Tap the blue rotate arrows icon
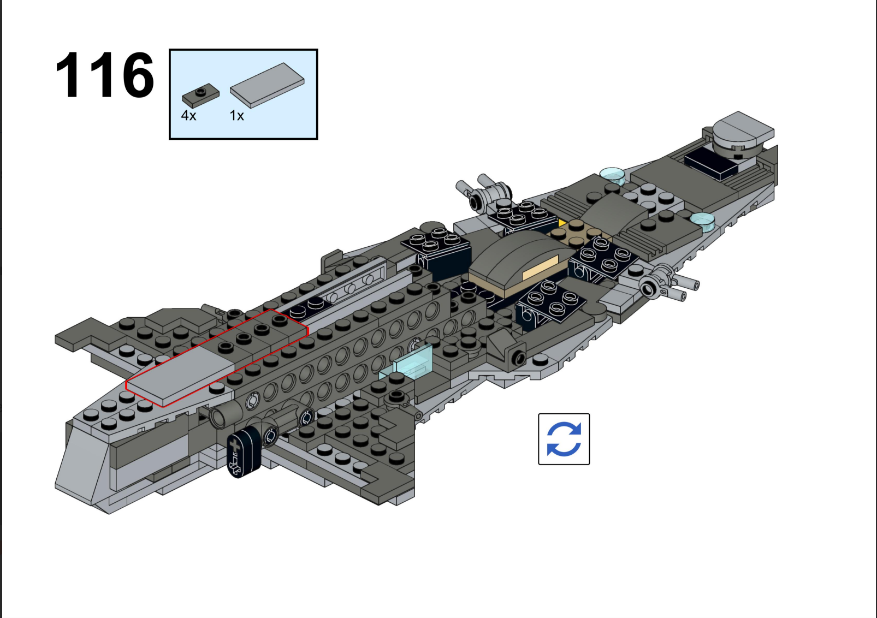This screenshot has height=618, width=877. pyautogui.click(x=564, y=439)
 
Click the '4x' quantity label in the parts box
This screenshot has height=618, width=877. pyautogui.click(x=188, y=115)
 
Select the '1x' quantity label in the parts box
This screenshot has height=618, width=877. pyautogui.click(x=237, y=115)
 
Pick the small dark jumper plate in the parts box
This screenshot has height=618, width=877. pyautogui.click(x=200, y=96)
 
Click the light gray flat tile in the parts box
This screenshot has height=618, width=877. pyautogui.click(x=267, y=85)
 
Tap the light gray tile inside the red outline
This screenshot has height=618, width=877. pyautogui.click(x=180, y=376)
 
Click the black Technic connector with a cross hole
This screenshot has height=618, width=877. pyautogui.click(x=244, y=453)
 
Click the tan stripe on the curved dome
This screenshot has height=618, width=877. pyautogui.click(x=540, y=268)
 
